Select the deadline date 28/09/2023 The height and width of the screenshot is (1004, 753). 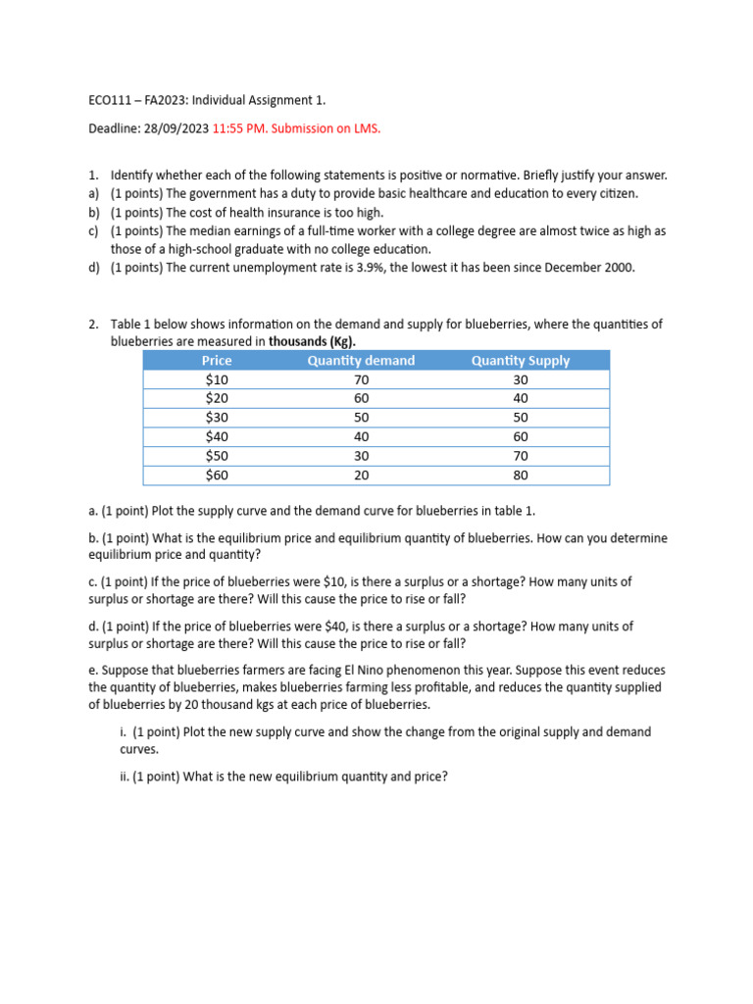coord(176,128)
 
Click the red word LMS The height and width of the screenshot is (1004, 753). coord(366,128)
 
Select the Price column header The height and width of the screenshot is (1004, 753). coord(217,361)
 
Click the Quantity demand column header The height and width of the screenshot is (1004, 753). coord(361,361)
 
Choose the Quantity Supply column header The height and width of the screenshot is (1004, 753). coord(520,361)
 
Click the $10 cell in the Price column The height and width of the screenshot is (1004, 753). coord(217,379)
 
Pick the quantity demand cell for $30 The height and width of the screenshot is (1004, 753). coord(361,418)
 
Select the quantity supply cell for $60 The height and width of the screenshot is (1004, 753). coord(520,476)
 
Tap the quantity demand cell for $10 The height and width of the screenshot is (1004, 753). coord(361,379)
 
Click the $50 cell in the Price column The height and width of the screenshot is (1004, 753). coord(217,456)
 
